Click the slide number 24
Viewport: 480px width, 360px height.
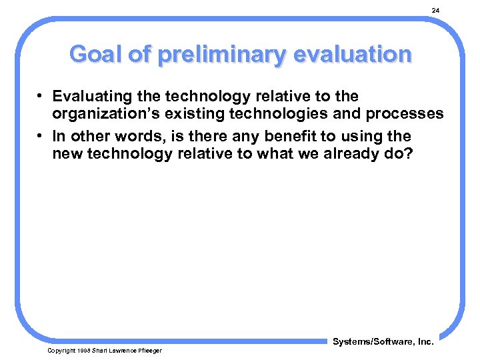tap(435, 11)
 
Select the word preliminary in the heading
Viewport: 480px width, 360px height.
tap(218, 55)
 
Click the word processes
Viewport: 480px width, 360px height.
tap(407, 114)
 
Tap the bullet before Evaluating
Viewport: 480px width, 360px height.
tap(41, 97)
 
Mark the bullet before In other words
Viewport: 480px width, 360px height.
tap(41, 136)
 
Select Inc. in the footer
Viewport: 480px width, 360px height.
tap(424, 342)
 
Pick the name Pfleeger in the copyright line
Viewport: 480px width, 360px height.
tap(147, 351)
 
